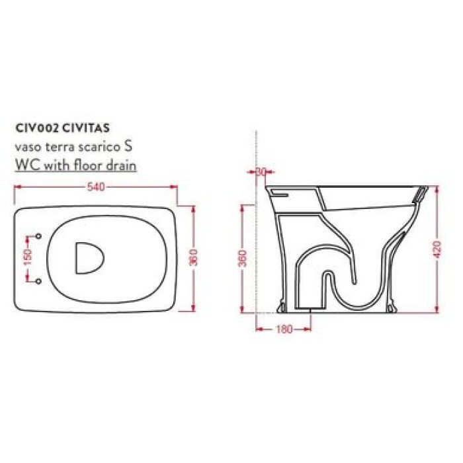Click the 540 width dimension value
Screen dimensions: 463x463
pyautogui.click(x=97, y=187)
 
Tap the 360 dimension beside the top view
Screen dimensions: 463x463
pyautogui.click(x=193, y=259)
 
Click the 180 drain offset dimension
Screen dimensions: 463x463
pyautogui.click(x=283, y=329)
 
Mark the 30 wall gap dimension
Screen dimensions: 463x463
pyautogui.click(x=260, y=172)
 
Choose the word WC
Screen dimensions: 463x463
pyautogui.click(x=24, y=165)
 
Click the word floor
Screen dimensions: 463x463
pyautogui.click(x=89, y=165)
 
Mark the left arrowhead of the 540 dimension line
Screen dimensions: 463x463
pyautogui.click(x=17, y=187)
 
